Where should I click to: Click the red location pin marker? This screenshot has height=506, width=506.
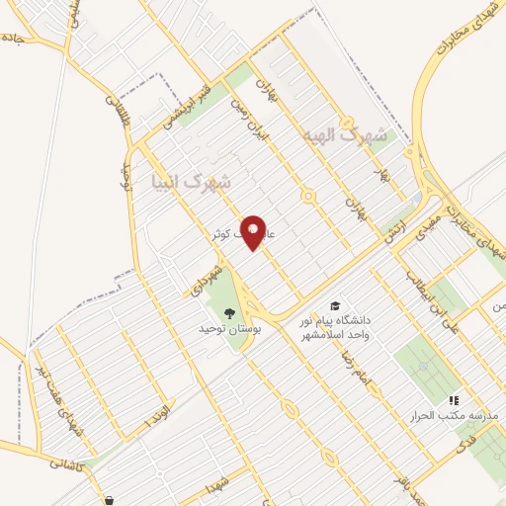pos(255,232)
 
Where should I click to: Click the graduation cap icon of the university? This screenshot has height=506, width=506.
pos(336,305)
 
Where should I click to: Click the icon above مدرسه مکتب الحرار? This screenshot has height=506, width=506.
pos(453,400)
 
